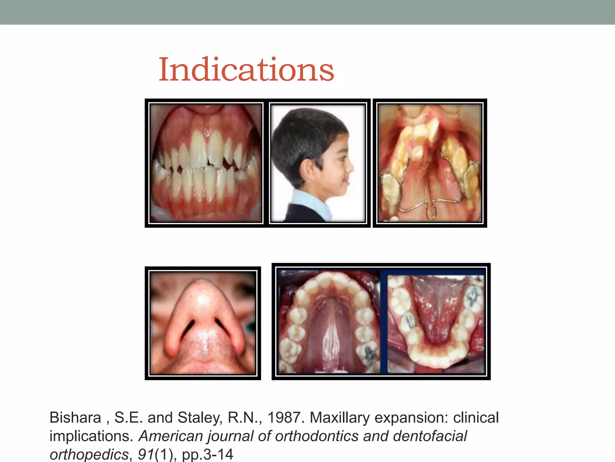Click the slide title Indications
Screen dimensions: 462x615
(246, 70)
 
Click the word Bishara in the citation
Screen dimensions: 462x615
(75, 417)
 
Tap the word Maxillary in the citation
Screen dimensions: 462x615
(340, 417)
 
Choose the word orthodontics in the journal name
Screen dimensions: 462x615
(317, 436)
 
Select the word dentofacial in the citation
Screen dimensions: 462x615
(430, 436)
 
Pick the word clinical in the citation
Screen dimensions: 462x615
(476, 417)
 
